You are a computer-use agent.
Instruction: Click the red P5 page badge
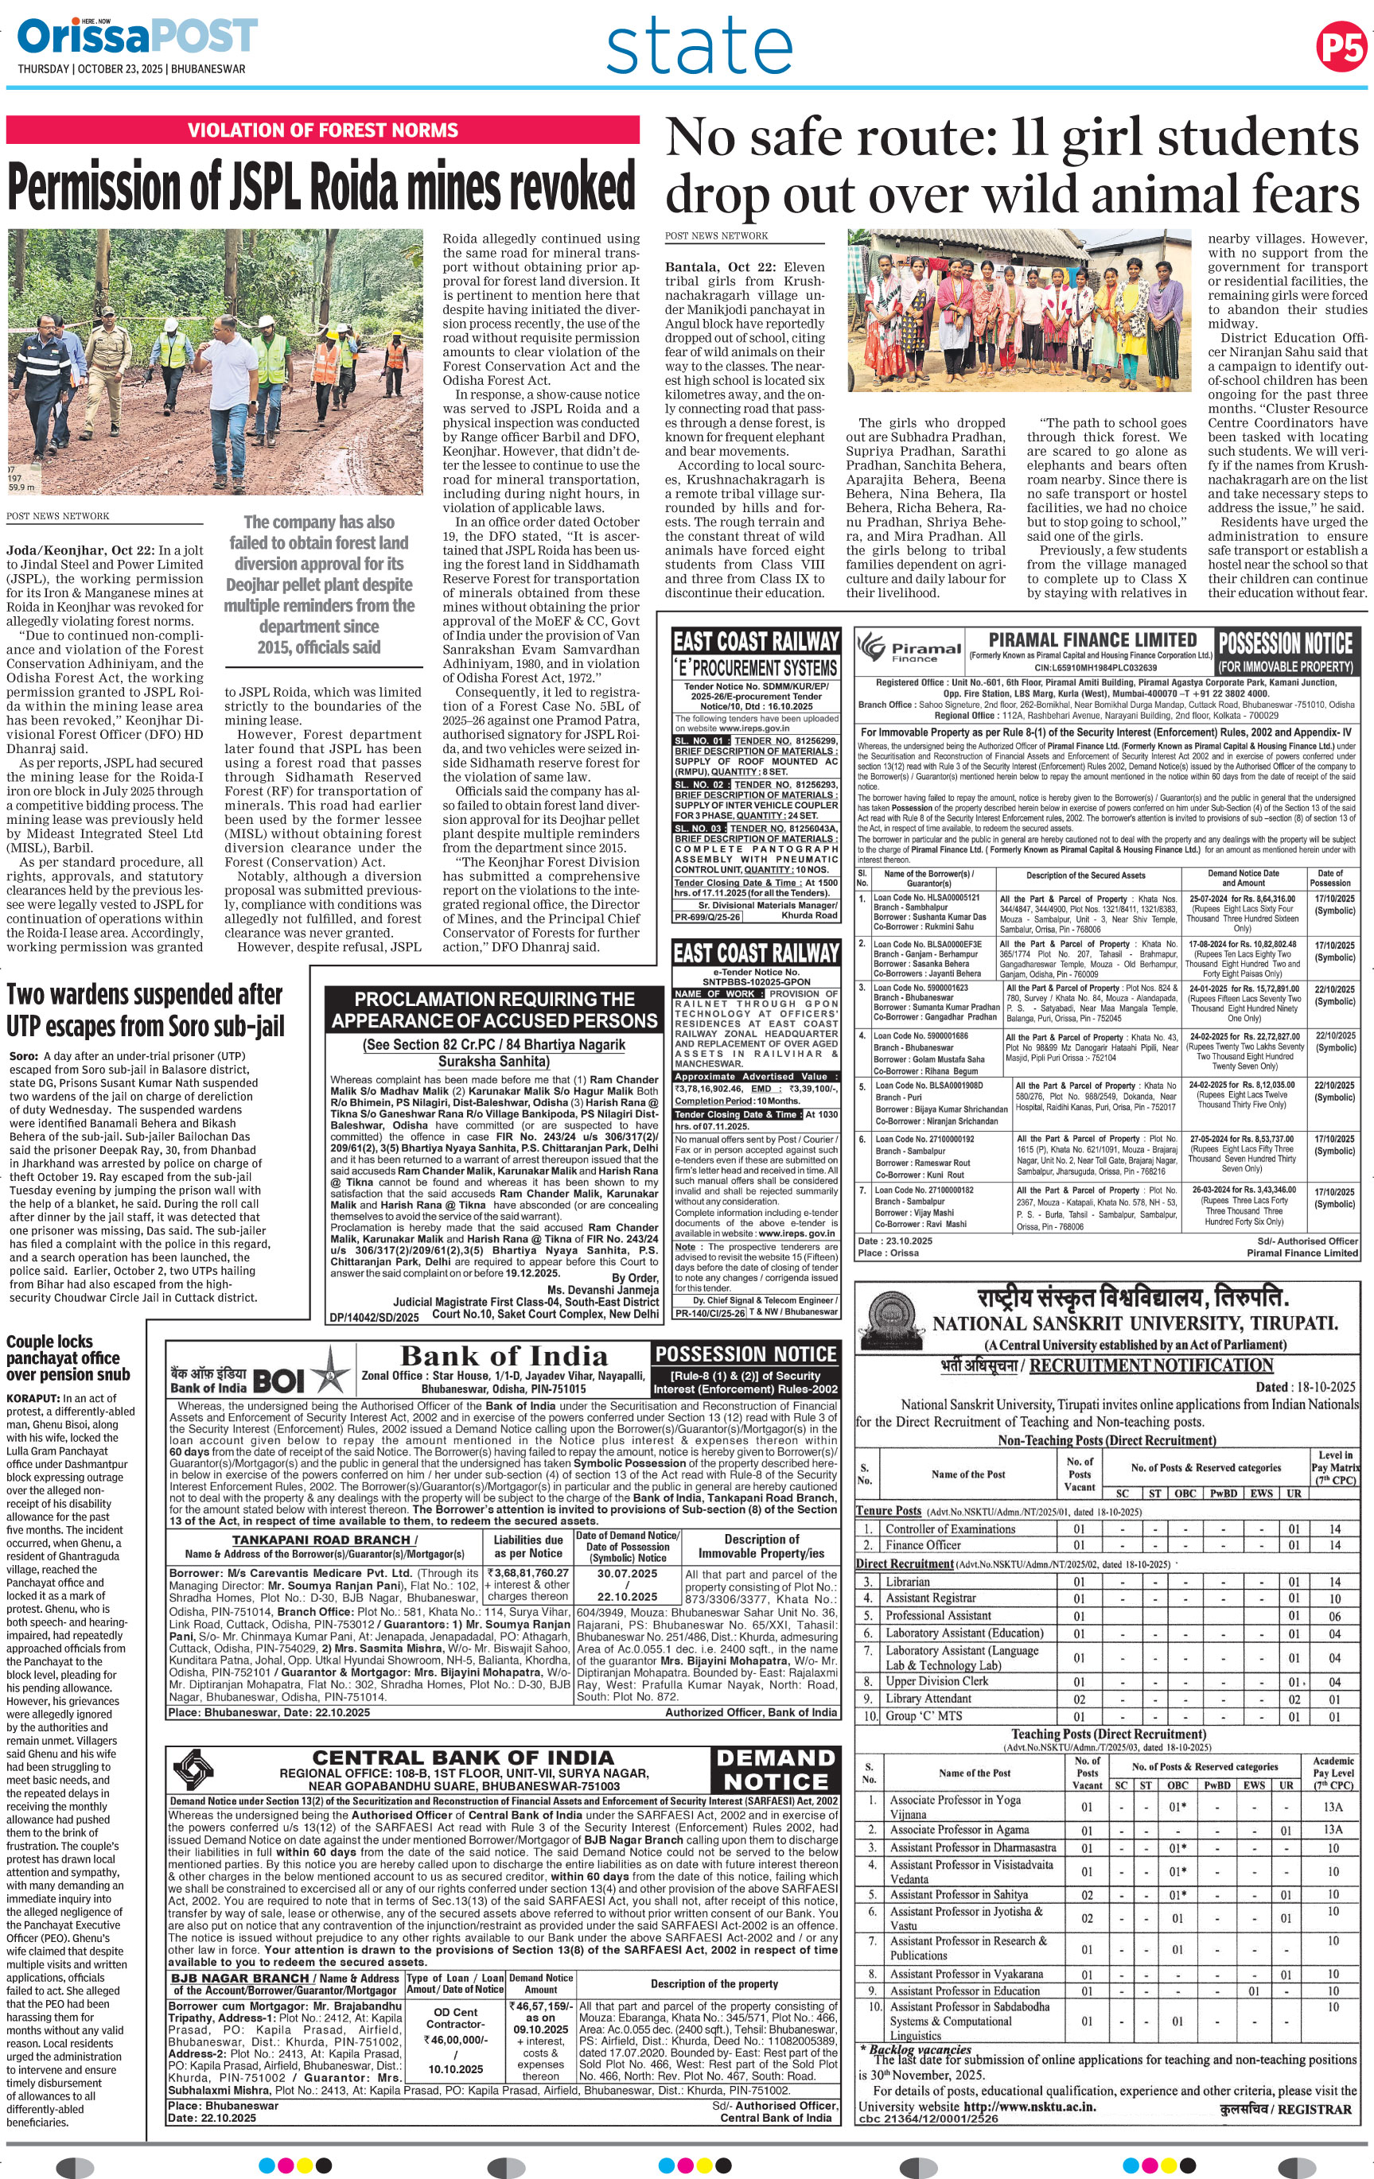click(x=1341, y=48)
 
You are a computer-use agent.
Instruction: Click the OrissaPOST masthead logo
click(x=137, y=37)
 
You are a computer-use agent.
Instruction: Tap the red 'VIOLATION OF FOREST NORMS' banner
click(x=322, y=130)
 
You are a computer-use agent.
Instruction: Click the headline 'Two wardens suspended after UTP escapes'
click(x=145, y=1010)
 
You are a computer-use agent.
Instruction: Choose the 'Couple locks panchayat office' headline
click(x=68, y=1358)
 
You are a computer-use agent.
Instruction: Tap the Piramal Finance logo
click(x=909, y=649)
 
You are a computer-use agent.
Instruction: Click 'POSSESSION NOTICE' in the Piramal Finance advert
click(x=1286, y=643)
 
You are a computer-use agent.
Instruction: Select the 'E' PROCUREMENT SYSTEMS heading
click(x=757, y=668)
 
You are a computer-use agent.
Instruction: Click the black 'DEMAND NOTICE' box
click(x=776, y=1769)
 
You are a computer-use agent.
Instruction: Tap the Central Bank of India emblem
click(x=193, y=1767)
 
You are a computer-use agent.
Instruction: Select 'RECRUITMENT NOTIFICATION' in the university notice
click(x=1150, y=1365)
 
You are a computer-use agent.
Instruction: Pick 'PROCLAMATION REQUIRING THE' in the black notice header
click(x=494, y=999)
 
